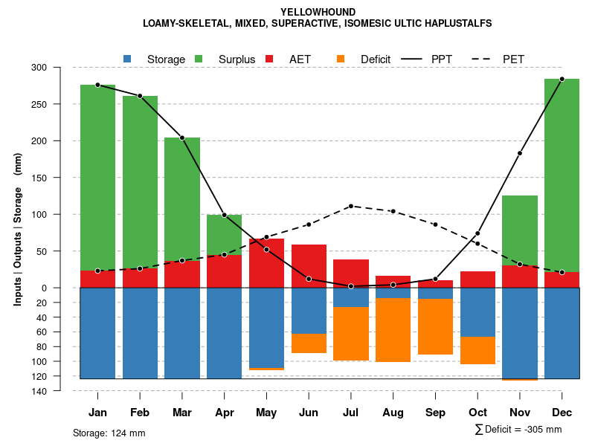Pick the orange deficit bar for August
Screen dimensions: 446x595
pyautogui.click(x=393, y=330)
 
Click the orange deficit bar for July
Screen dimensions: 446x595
pyautogui.click(x=351, y=334)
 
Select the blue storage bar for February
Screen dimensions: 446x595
pyautogui.click(x=140, y=333)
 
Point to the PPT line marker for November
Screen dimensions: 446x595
pyautogui.click(x=520, y=153)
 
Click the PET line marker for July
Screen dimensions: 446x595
pyautogui.click(x=351, y=206)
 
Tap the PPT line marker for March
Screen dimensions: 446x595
pyautogui.click(x=182, y=138)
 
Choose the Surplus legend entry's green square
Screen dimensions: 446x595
pyautogui.click(x=199, y=59)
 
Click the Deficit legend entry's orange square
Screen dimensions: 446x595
pyautogui.click(x=341, y=59)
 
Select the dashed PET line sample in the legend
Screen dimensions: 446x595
pyautogui.click(x=482, y=59)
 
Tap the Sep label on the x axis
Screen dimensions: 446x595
pyautogui.click(x=435, y=413)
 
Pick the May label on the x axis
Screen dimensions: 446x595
pyautogui.click(x=266, y=413)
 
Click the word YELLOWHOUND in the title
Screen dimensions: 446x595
pyautogui.click(x=318, y=12)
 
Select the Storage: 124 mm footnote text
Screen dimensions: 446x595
pyautogui.click(x=109, y=433)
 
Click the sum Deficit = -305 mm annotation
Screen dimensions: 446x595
pyautogui.click(x=518, y=429)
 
